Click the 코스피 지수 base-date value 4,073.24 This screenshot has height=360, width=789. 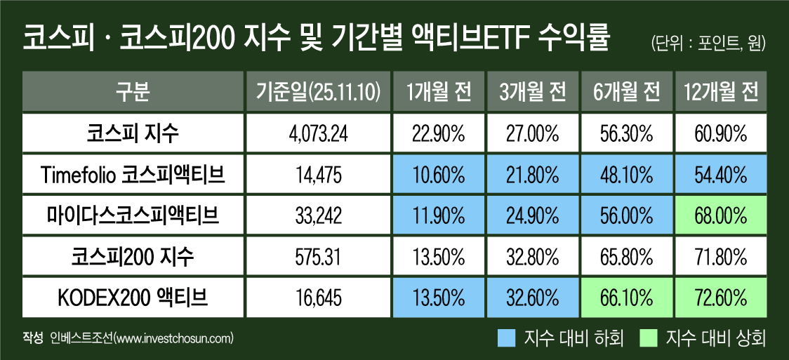[x=318, y=132]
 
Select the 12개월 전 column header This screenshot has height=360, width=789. [x=720, y=91]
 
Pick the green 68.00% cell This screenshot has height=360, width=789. [x=720, y=215]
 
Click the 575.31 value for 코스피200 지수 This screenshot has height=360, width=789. [x=318, y=257]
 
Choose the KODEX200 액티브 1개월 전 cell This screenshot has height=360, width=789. [x=439, y=299]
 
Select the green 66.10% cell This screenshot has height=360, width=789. [x=627, y=299]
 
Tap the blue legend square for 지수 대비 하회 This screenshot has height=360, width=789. [x=505, y=339]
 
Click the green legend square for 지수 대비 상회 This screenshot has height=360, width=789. [x=649, y=339]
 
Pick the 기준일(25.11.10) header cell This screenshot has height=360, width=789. [x=318, y=91]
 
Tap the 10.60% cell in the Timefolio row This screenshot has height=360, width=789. [x=439, y=174]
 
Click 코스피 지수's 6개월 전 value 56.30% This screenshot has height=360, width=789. [x=627, y=132]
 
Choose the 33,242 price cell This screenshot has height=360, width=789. [x=318, y=215]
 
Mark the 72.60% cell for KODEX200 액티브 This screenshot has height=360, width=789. [x=720, y=299]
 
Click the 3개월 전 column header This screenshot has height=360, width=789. [x=533, y=91]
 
